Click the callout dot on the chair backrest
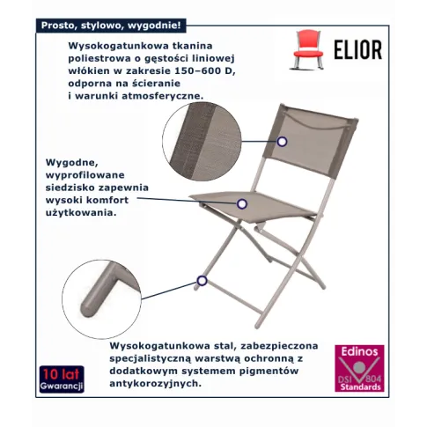click(x=283, y=140)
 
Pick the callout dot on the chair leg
click(x=202, y=281)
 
